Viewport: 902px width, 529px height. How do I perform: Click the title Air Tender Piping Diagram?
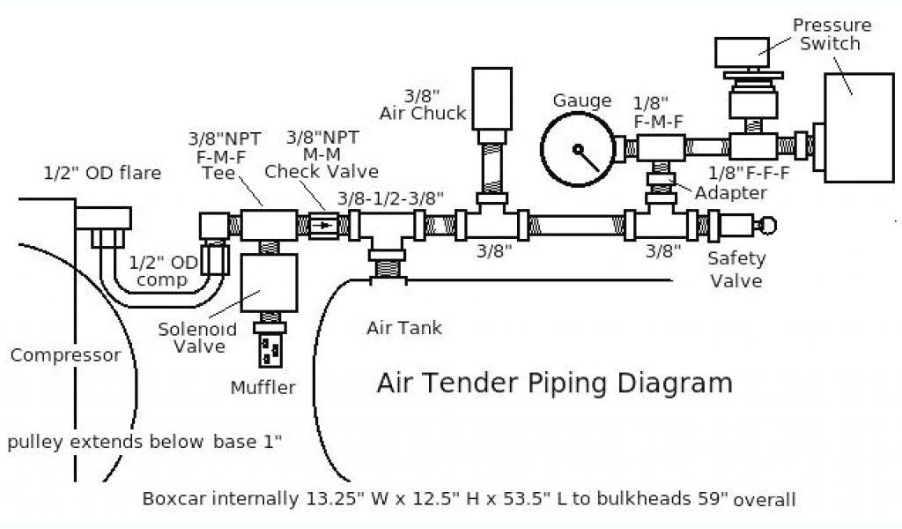(554, 384)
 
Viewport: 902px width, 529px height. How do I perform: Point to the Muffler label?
(262, 387)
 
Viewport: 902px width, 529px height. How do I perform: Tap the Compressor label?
(65, 356)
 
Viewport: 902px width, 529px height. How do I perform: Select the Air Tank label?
(404, 329)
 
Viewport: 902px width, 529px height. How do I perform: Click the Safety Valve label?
(737, 270)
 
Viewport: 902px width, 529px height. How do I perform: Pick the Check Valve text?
(322, 172)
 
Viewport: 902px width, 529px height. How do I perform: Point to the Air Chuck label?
(423, 104)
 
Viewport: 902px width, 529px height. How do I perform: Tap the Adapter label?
(730, 192)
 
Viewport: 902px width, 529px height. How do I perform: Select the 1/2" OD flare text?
(103, 174)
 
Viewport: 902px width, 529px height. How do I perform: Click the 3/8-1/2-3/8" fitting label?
(391, 198)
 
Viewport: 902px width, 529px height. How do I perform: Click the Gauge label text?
(582, 101)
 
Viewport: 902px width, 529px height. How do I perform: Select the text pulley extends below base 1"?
(145, 441)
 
